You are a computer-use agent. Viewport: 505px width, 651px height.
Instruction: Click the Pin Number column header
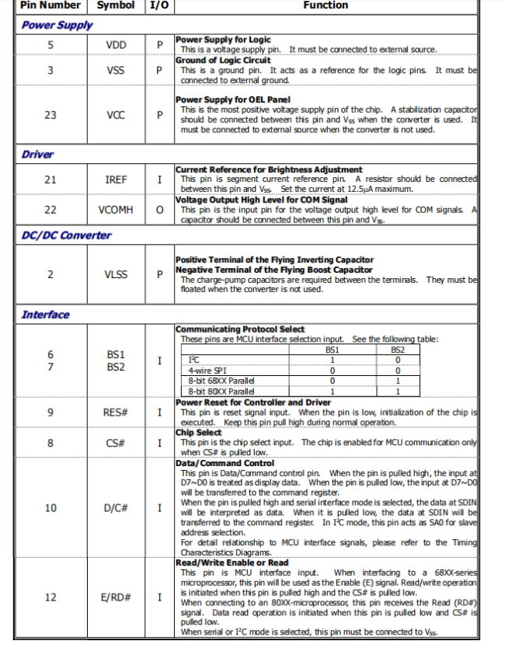(50, 5)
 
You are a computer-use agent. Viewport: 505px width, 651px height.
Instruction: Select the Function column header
(326, 5)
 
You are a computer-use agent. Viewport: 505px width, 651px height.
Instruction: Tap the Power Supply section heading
(57, 25)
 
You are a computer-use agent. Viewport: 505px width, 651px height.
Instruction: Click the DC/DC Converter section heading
(66, 235)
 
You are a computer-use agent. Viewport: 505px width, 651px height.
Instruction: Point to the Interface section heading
(45, 315)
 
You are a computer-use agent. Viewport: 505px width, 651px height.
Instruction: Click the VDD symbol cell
(116, 45)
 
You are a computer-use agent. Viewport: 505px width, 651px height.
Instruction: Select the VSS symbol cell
(116, 70)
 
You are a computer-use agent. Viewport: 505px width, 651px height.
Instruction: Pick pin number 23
(50, 114)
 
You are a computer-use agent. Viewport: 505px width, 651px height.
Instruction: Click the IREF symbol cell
(116, 179)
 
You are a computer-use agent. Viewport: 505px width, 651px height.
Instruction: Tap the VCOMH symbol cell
(116, 210)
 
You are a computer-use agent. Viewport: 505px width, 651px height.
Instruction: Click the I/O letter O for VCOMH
(159, 210)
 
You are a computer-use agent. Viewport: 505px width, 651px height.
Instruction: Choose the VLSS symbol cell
(116, 274)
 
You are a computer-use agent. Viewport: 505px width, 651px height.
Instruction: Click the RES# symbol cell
(116, 413)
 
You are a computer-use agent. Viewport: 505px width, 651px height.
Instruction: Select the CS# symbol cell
(116, 443)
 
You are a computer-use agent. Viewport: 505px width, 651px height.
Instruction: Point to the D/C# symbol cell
(116, 508)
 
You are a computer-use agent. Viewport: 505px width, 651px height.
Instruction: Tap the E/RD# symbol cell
(116, 597)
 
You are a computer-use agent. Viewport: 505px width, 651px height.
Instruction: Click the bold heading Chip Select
(198, 433)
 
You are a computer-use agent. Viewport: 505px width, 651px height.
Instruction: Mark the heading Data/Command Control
(225, 463)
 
